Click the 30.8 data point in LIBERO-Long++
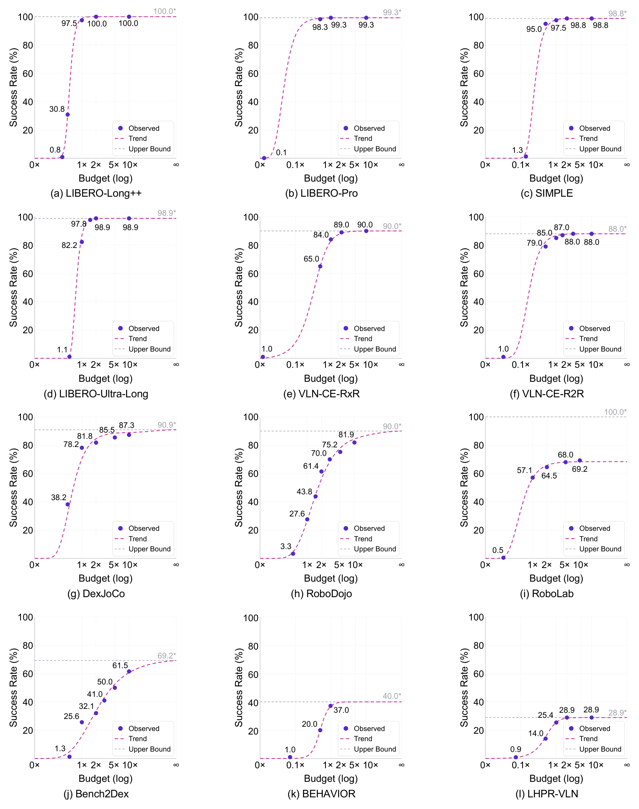[68, 114]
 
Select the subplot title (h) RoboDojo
[321, 594]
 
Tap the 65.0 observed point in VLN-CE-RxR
[320, 266]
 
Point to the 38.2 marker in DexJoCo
[68, 504]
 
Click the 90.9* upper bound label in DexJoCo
[166, 425]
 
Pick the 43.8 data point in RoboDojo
[315, 496]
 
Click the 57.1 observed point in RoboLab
[533, 478]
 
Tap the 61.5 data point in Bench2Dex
[129, 671]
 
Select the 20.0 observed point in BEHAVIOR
[320, 730]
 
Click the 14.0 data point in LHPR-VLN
[545, 738]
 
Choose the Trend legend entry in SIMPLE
[582, 139]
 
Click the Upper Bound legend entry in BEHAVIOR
[368, 749]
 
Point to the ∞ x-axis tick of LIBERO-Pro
[402, 165]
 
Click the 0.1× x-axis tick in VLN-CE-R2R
[520, 364]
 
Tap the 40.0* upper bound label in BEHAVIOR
[392, 696]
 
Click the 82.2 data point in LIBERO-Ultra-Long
[82, 242]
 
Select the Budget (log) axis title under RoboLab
[556, 578]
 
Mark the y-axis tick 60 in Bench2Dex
[28, 674]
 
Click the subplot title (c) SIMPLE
[547, 193]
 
